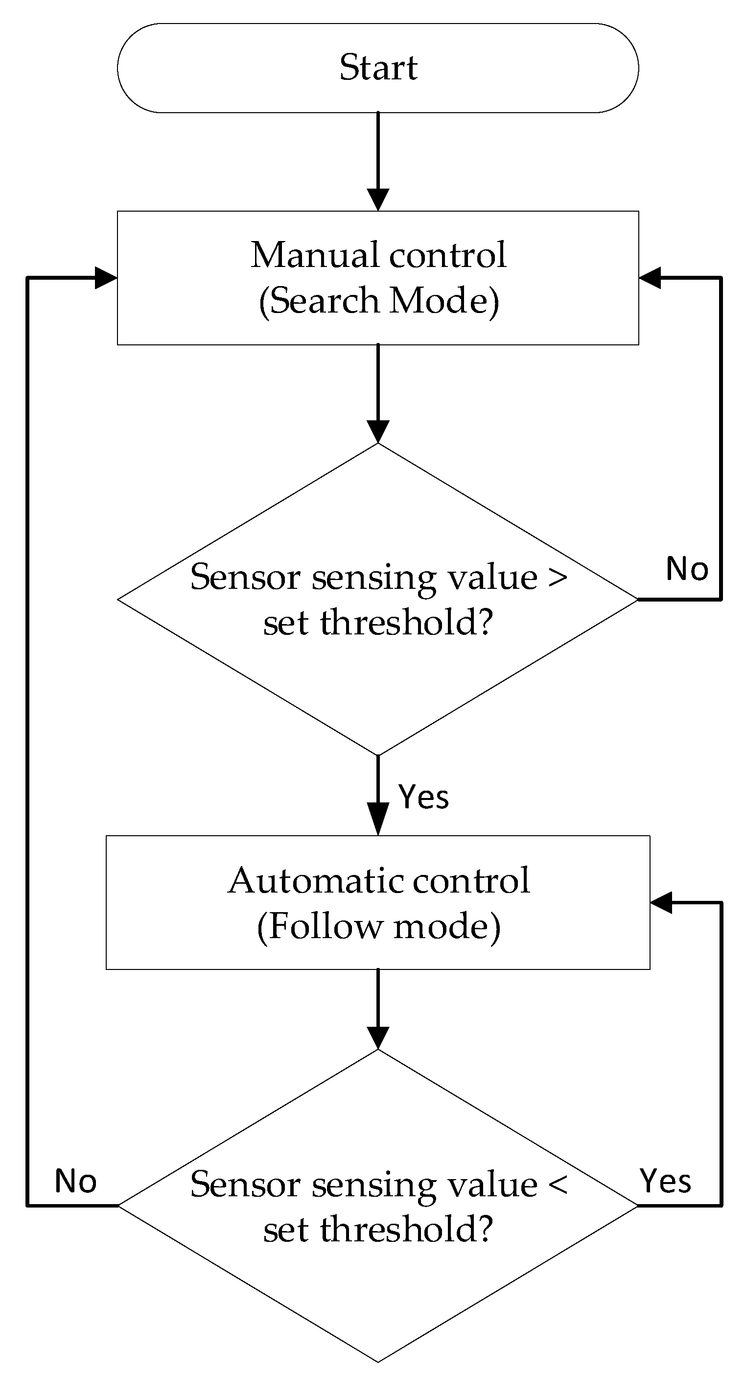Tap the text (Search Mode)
379,301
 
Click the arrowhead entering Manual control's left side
106,278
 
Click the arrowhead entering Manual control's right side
650,278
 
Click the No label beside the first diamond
687,569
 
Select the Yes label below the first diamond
423,797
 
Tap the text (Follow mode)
379,927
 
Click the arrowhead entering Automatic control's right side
661,903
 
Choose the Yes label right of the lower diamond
665,1181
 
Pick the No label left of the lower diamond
75,1182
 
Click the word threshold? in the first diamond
406,623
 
